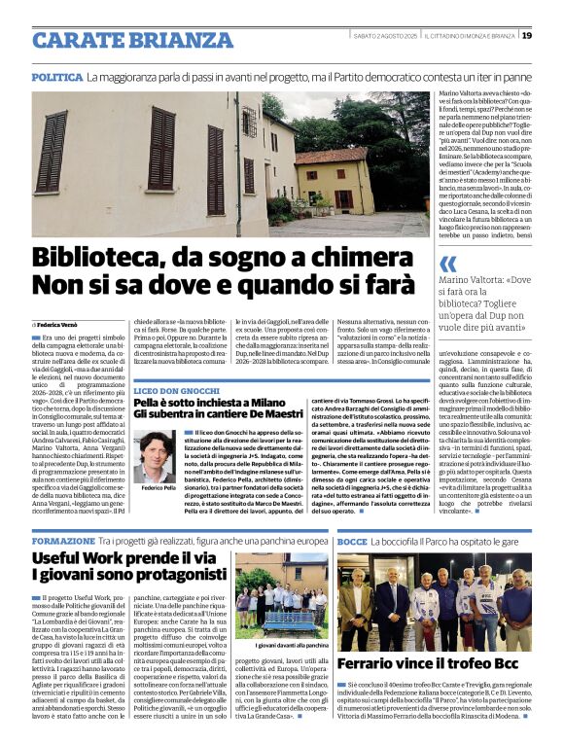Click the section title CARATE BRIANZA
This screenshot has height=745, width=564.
pyautogui.click(x=123, y=39)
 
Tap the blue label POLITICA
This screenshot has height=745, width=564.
pyautogui.click(x=56, y=76)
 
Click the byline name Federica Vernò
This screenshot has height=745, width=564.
pyautogui.click(x=59, y=323)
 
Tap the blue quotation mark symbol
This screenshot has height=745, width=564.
pyautogui.click(x=447, y=264)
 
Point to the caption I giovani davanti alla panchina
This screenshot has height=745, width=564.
pyautogui.click(x=288, y=646)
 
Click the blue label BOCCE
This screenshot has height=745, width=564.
pyautogui.click(x=352, y=540)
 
